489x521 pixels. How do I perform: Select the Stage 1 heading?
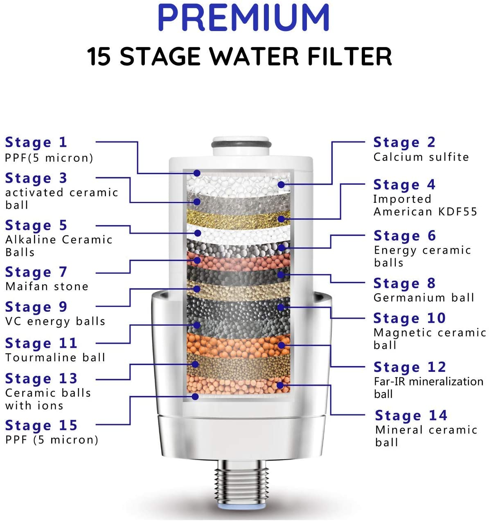pyautogui.click(x=36, y=142)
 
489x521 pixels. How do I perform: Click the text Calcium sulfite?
pyautogui.click(x=421, y=157)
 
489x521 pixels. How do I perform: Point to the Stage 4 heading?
pyautogui.click(x=404, y=185)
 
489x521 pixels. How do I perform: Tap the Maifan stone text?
pyautogui.click(x=47, y=286)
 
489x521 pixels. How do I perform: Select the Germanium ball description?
pyautogui.click(x=424, y=297)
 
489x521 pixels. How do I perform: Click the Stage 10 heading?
pyautogui.click(x=409, y=318)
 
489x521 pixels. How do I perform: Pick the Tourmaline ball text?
pyautogui.click(x=55, y=358)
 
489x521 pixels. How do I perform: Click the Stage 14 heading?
pyautogui.click(x=411, y=416)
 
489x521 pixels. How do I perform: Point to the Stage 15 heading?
pyautogui.click(x=41, y=425)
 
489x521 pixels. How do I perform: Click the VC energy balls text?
pyautogui.click(x=55, y=321)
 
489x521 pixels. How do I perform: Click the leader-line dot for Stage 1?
pyautogui.click(x=197, y=173)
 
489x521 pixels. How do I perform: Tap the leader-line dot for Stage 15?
pyautogui.click(x=195, y=396)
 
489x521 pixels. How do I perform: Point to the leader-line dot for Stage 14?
pyautogui.click(x=280, y=385)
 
